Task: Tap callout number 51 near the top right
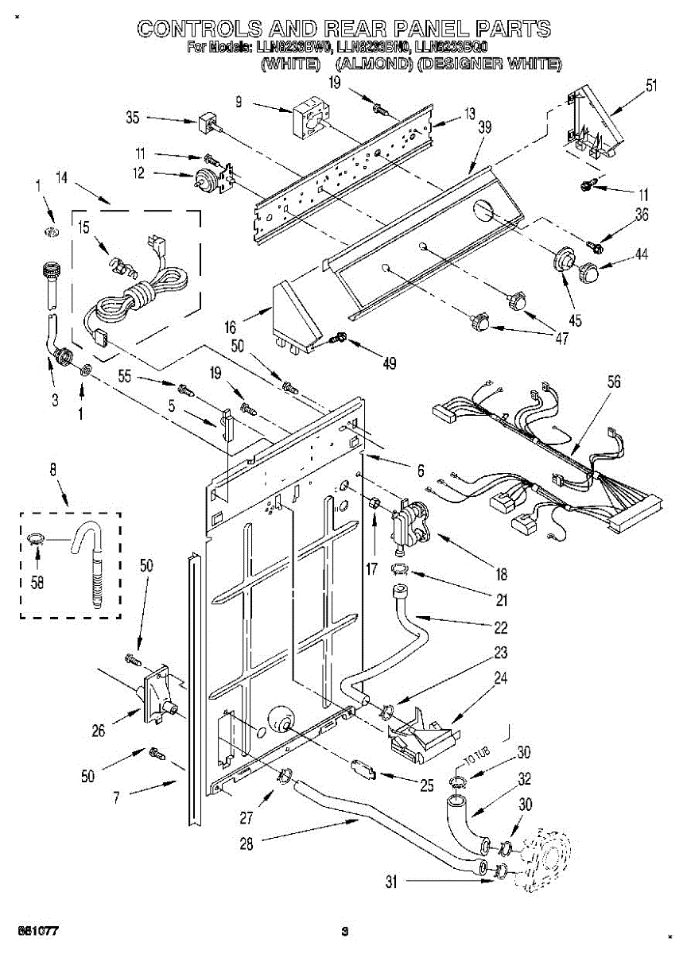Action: (651, 87)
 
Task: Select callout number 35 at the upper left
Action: (133, 118)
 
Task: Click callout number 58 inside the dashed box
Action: (37, 580)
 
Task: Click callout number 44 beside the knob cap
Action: (641, 254)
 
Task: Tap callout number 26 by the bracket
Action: (98, 731)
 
